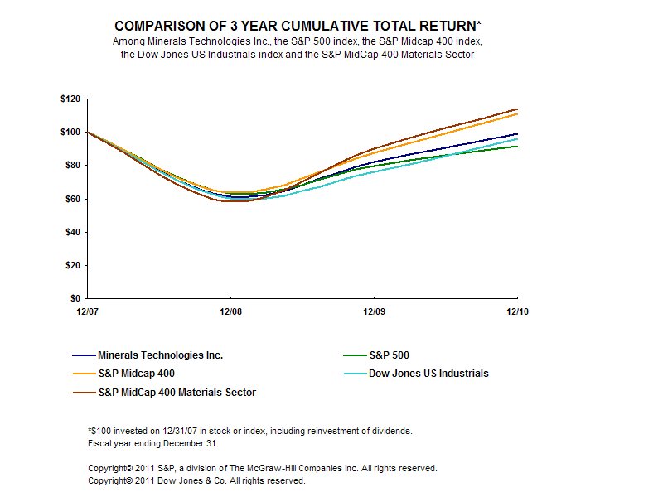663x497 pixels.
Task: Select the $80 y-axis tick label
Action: [x=70, y=166]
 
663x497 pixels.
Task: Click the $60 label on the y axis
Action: [x=70, y=199]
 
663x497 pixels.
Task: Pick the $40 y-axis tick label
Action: [x=70, y=232]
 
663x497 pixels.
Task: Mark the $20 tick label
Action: [x=70, y=265]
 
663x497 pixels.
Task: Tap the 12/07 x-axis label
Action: [x=87, y=311]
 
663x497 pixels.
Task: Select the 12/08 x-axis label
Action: [x=230, y=311]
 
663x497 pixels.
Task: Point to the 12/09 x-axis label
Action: [x=375, y=311]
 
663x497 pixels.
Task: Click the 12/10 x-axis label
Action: [x=518, y=311]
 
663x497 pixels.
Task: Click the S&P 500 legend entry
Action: [x=405, y=355]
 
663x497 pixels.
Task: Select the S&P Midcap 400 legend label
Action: [x=136, y=374]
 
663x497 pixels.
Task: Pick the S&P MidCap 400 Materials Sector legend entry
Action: [x=177, y=393]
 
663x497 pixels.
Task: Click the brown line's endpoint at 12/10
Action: [x=518, y=109]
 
